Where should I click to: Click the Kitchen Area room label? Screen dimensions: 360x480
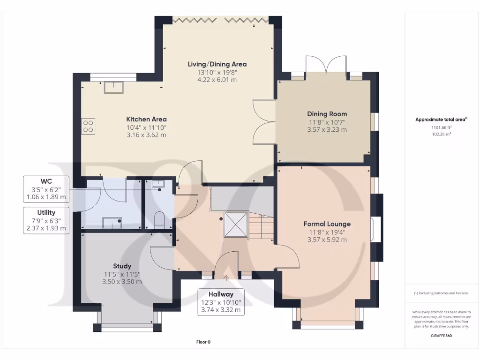[x=146, y=119]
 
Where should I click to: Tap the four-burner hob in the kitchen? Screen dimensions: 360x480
[x=88, y=126]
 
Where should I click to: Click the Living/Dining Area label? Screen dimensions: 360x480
[x=217, y=64]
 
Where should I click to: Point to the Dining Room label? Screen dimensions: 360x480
[x=327, y=114]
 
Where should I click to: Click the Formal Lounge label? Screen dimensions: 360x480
[x=327, y=224]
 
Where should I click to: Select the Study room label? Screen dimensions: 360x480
[x=122, y=266]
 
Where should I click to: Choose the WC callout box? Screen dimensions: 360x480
[x=46, y=189]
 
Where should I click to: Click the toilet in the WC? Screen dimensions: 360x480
[x=159, y=220]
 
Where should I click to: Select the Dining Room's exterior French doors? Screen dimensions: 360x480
[x=326, y=66]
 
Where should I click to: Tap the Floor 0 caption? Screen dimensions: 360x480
[x=203, y=342]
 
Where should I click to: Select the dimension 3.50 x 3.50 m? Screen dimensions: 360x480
[x=122, y=282]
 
